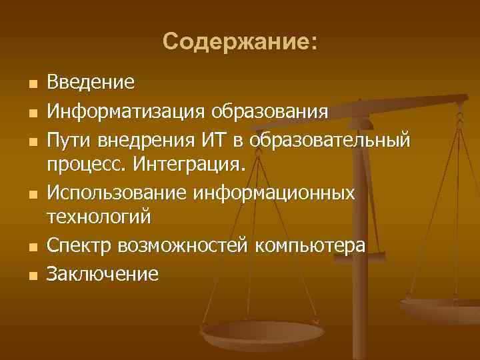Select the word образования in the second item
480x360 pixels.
[x=269, y=109]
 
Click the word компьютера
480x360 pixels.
[x=312, y=245]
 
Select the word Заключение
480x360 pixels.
[x=103, y=274]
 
